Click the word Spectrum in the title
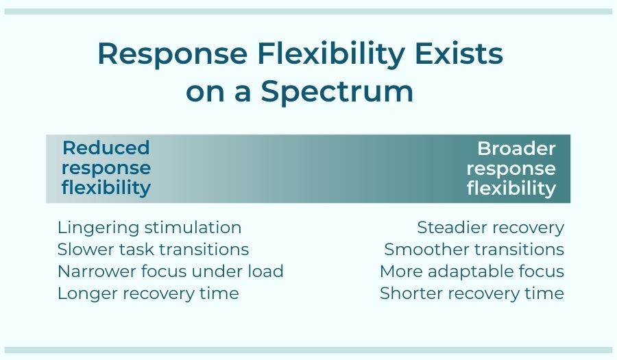[337, 91]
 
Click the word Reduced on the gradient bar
[106, 148]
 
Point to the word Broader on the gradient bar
[516, 148]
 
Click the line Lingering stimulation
[149, 228]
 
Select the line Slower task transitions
[153, 250]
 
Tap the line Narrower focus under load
[170, 272]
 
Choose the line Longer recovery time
[148, 293]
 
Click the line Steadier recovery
[490, 228]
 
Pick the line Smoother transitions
[474, 250]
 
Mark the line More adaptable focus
[472, 272]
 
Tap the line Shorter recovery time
[472, 293]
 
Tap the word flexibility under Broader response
[511, 188]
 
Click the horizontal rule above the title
[308, 12]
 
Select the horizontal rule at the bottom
[308, 350]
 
